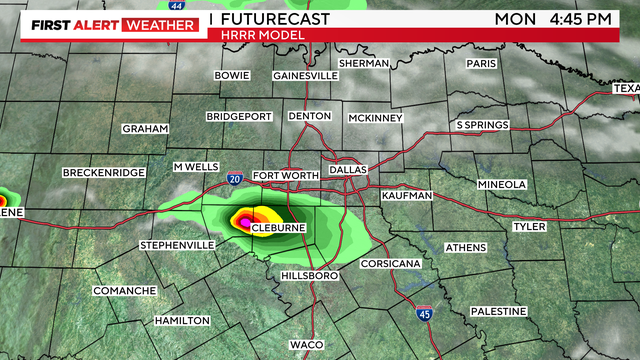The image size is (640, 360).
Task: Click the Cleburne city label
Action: (277, 229)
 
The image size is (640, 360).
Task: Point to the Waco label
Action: (306, 345)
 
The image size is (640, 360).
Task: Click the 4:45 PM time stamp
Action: (595, 19)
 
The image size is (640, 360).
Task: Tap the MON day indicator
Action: (518, 19)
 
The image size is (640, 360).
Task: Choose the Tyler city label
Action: (529, 227)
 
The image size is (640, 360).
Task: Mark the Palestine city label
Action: (497, 311)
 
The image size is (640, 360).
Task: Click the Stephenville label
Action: (177, 245)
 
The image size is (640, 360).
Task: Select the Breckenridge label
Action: (104, 173)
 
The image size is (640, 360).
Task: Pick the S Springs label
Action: (482, 125)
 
